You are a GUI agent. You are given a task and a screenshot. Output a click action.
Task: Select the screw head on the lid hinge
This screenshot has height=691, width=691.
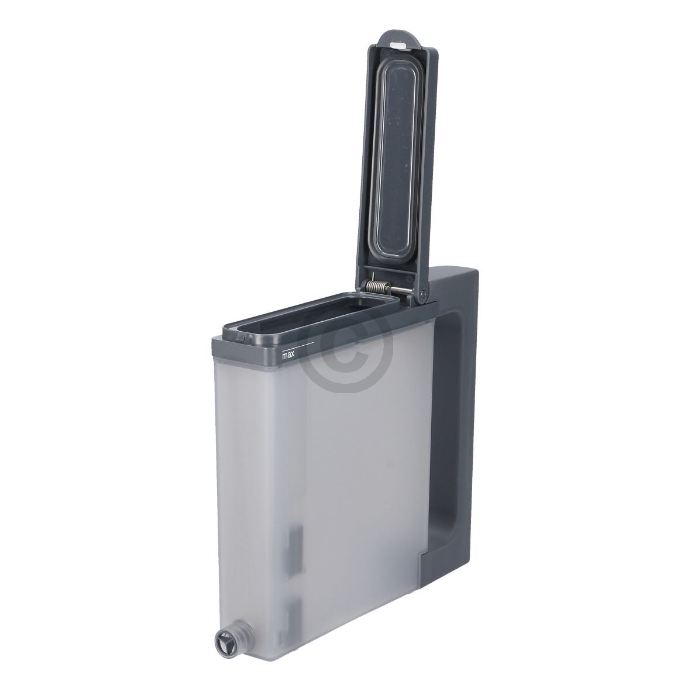click(x=423, y=294)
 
